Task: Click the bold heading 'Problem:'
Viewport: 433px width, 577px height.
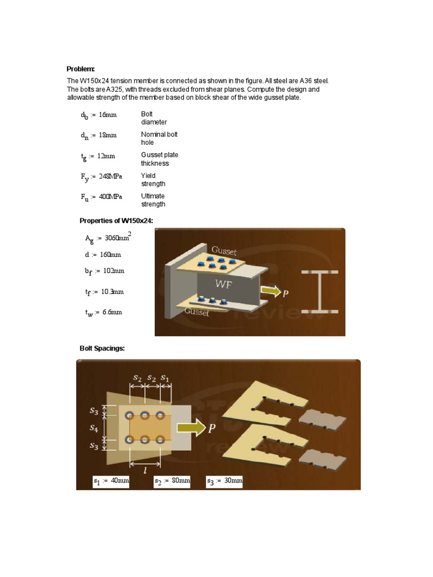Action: [84, 69]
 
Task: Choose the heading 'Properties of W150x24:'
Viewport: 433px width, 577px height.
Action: [116, 220]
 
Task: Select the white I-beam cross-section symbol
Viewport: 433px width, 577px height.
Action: [319, 291]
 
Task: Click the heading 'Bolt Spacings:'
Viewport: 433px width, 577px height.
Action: [102, 348]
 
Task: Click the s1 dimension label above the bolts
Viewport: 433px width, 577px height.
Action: [165, 377]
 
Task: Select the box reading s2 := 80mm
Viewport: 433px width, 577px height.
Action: [173, 481]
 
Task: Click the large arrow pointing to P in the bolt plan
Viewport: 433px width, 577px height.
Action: [191, 428]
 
